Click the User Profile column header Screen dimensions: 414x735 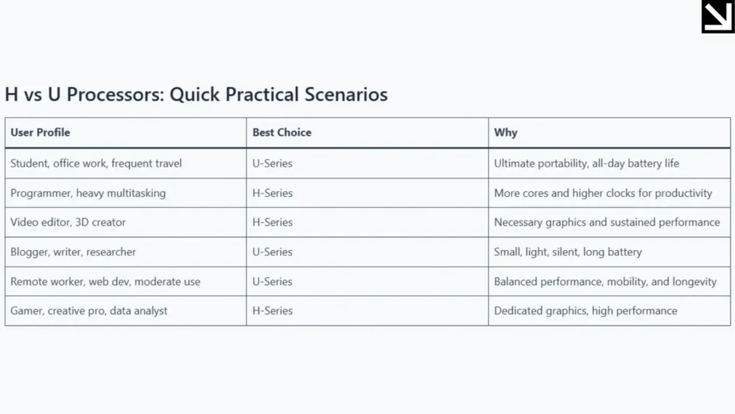(x=40, y=133)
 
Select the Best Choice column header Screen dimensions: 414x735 (x=282, y=133)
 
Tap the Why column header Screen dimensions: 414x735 (x=505, y=133)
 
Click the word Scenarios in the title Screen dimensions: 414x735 (x=346, y=94)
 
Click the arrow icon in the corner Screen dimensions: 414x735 (x=717, y=16)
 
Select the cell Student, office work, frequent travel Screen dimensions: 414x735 (x=96, y=163)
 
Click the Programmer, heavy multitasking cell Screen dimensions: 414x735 (x=88, y=193)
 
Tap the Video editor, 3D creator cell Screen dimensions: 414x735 (x=68, y=222)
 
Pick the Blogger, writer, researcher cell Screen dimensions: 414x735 (x=73, y=252)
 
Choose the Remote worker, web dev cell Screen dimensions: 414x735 (x=105, y=282)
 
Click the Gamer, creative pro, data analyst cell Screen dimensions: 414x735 (x=88, y=311)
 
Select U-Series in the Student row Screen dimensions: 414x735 (x=272, y=163)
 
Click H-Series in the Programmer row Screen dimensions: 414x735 (x=272, y=193)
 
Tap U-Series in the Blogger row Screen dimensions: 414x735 (x=272, y=252)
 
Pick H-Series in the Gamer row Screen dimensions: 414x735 (x=272, y=311)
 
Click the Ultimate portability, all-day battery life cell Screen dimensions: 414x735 (x=586, y=163)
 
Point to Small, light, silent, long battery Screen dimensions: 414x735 (x=568, y=252)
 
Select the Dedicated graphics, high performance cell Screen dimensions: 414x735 (x=585, y=311)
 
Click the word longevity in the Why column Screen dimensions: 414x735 (x=694, y=282)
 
